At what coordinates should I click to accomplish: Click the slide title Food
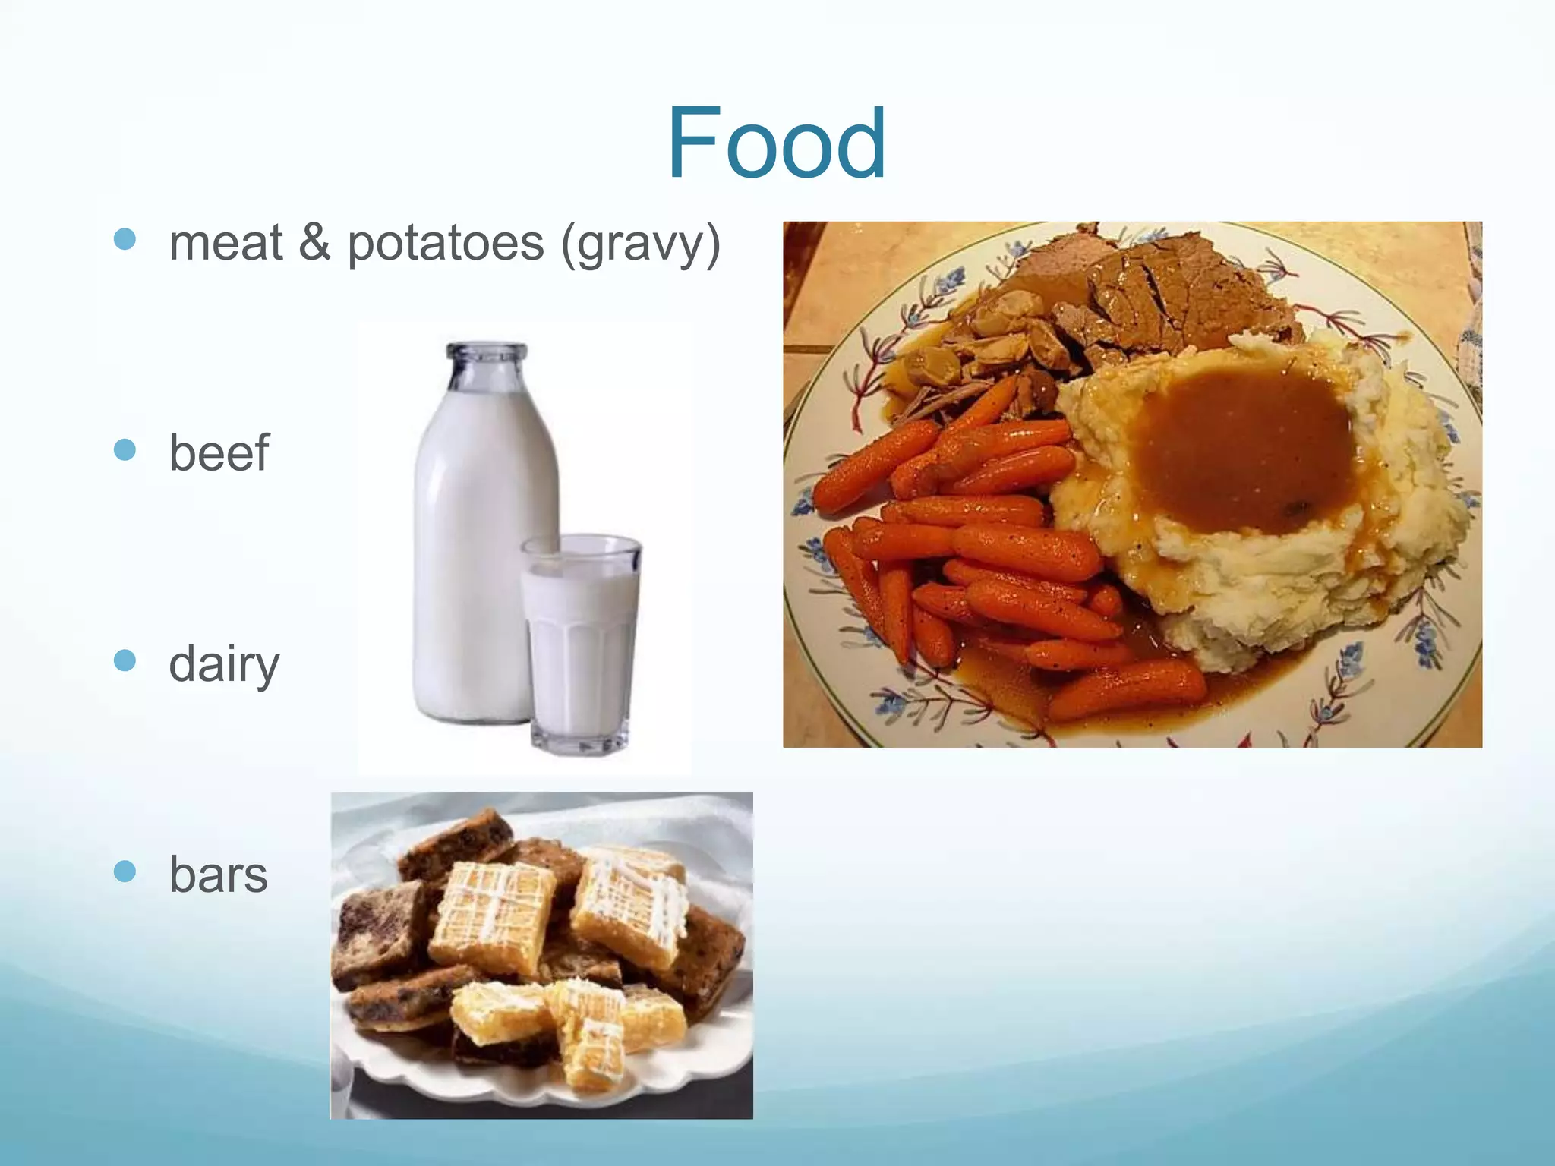776,144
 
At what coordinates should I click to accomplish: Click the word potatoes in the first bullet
446,244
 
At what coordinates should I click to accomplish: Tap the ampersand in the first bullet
314,243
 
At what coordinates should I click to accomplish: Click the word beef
219,453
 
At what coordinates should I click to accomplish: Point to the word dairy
224,664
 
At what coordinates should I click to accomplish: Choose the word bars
218,874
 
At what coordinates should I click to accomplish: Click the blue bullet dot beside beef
125,450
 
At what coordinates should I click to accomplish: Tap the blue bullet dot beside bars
125,871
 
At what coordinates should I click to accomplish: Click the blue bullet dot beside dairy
125,660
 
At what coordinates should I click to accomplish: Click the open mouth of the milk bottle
487,351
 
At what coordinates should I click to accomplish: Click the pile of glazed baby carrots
987,547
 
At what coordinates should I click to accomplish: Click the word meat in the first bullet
226,244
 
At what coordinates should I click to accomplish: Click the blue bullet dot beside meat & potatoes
125,240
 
